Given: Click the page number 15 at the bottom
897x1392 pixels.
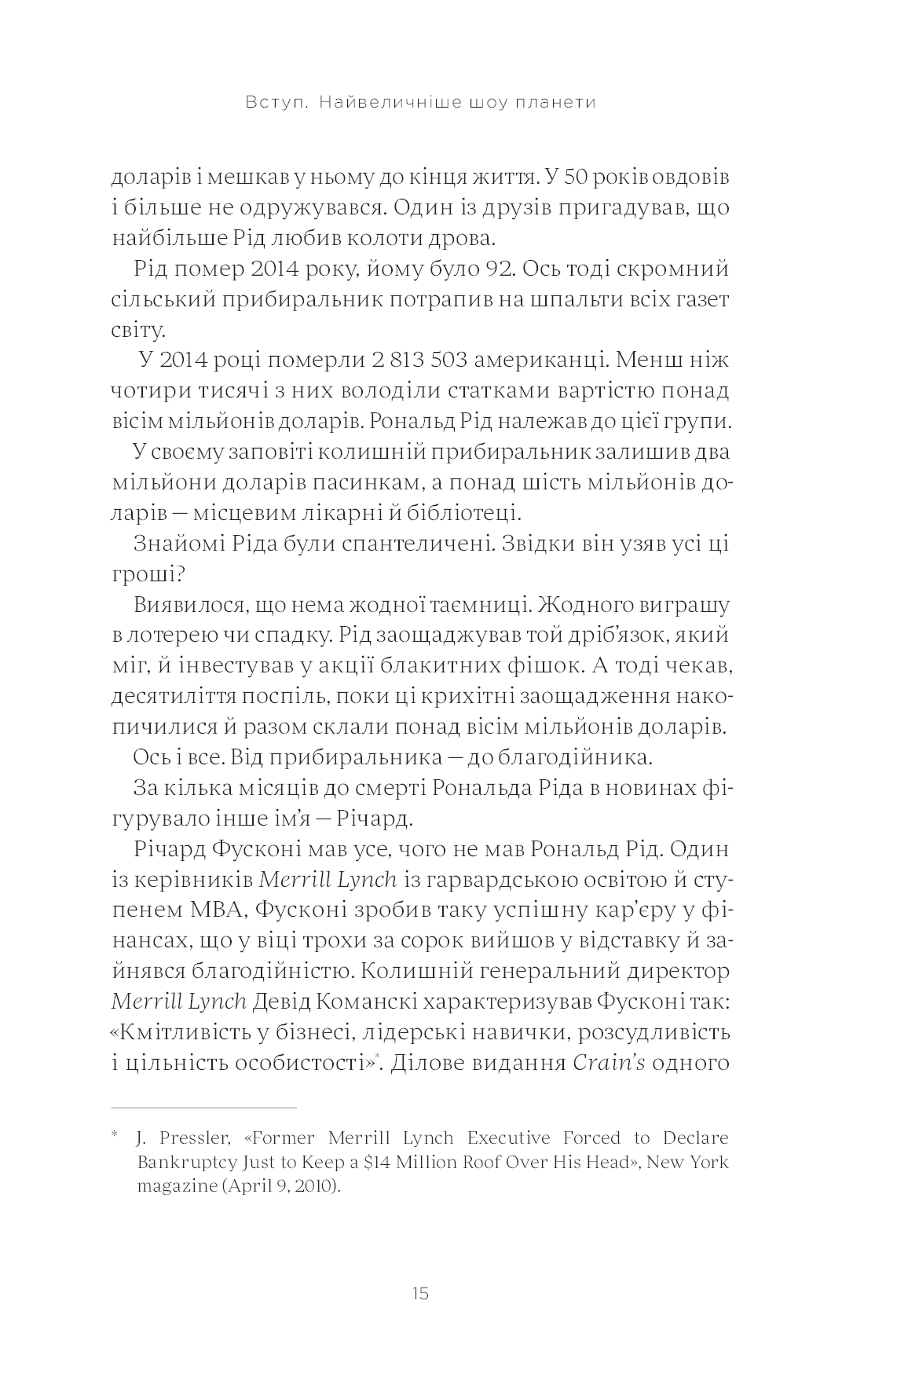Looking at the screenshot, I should point(419,1294).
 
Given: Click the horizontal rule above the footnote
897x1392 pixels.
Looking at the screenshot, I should point(203,1108).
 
